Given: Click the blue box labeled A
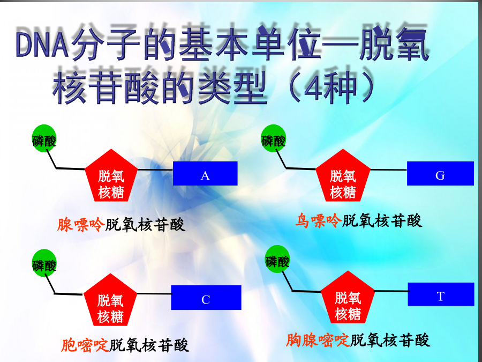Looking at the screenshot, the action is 205,173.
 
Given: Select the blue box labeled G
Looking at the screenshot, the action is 440,173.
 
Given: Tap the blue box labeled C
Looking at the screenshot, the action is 206,297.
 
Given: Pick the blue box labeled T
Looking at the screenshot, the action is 441,294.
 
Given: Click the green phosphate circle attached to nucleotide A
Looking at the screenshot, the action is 44,138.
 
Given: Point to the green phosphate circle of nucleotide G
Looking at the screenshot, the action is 273,138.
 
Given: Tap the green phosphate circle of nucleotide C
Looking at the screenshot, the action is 44,263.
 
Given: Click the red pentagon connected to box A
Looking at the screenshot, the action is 111,177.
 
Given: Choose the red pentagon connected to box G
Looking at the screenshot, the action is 343,177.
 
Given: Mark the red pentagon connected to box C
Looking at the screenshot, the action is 110,301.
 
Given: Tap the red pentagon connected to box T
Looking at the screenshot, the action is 348,299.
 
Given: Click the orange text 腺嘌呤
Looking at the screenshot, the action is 81,225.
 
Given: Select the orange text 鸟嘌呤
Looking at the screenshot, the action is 318,221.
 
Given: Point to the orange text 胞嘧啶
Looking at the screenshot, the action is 85,345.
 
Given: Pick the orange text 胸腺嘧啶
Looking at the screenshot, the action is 318,340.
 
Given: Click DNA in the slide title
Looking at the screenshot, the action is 42,45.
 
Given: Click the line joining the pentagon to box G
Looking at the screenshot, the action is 389,169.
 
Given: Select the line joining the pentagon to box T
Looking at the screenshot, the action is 391,291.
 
